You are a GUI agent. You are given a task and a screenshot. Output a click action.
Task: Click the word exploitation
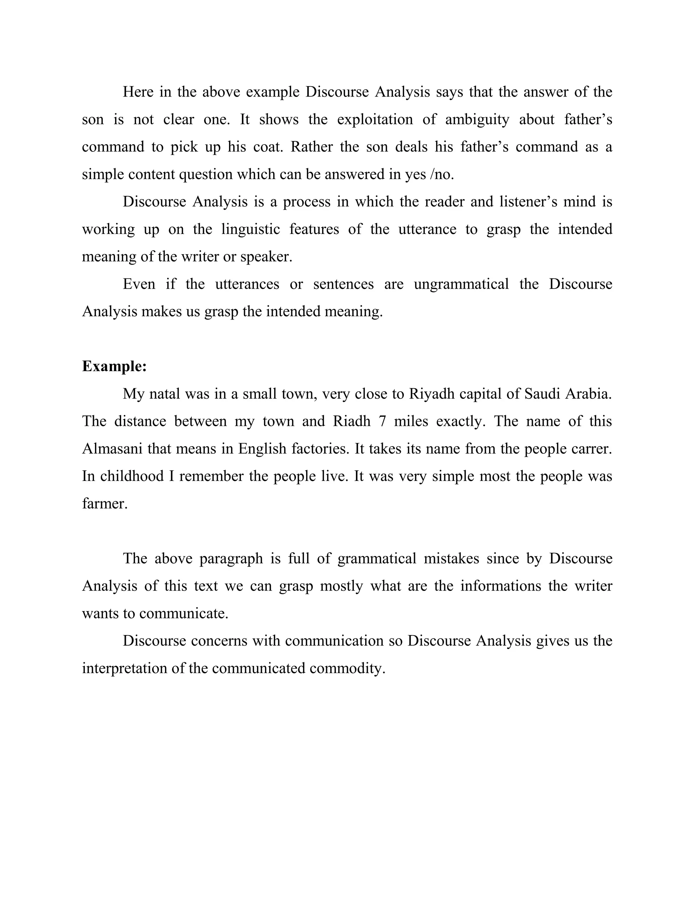(375, 120)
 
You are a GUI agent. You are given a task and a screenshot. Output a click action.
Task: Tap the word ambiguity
(477, 120)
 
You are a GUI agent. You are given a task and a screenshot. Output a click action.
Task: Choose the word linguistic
(250, 230)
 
